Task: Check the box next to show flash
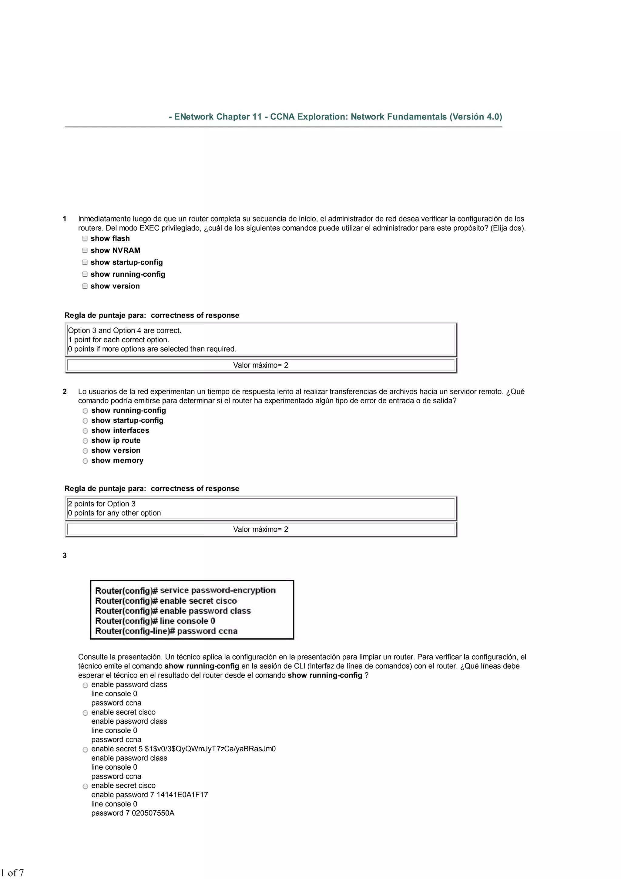[x=85, y=238]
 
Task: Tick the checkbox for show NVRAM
[x=85, y=250]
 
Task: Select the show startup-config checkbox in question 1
[x=85, y=262]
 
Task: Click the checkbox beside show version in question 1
[x=85, y=286]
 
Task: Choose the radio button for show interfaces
[x=85, y=431]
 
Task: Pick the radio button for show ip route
[x=85, y=441]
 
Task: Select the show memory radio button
[x=85, y=461]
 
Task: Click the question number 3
[x=65, y=556]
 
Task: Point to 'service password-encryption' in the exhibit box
[x=217, y=590]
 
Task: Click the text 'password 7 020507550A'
[x=133, y=813]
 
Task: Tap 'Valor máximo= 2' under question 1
[x=260, y=365]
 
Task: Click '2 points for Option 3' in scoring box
[x=102, y=504]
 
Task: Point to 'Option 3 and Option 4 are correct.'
[x=125, y=330]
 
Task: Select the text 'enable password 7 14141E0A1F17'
[x=149, y=794]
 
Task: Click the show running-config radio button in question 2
[x=85, y=411]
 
